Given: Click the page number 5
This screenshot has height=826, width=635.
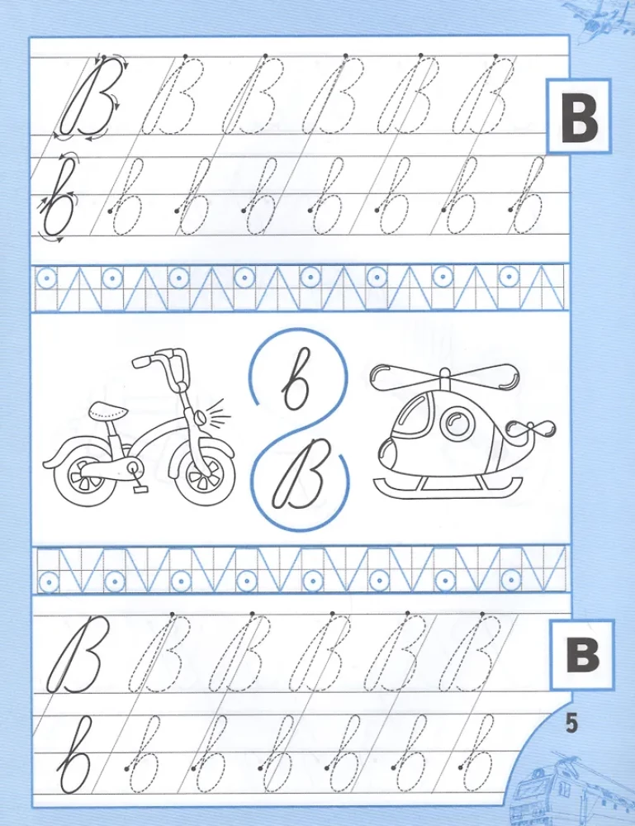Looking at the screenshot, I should (572, 724).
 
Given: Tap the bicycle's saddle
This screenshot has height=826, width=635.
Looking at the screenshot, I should (106, 409).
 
